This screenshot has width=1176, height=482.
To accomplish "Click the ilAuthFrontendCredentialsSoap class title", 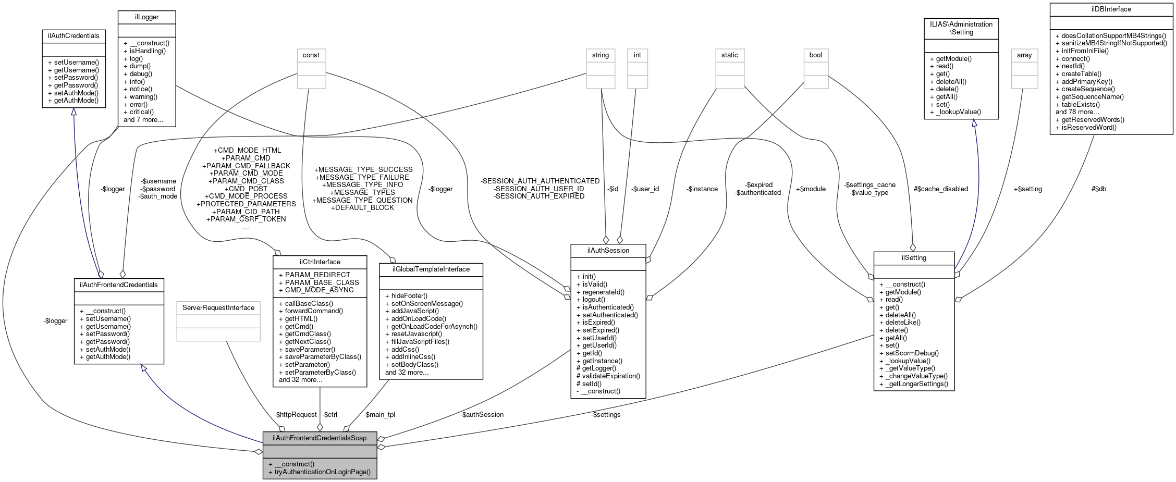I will [x=320, y=438].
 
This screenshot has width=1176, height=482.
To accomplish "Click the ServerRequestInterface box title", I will [x=218, y=308].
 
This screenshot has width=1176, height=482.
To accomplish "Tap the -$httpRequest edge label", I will [x=296, y=415].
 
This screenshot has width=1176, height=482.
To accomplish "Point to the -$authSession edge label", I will [x=482, y=415].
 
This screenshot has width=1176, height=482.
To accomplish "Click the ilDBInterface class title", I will [x=1111, y=9].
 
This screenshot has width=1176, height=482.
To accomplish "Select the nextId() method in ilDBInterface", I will [x=1073, y=66].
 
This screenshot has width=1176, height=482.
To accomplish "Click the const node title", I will [x=311, y=55].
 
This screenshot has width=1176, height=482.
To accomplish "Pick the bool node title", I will [x=815, y=55].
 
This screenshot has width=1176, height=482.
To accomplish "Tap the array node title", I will [x=1024, y=55].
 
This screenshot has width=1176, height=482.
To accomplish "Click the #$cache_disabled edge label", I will [x=940, y=189].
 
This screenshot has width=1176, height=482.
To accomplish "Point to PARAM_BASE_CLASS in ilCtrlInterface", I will [x=322, y=282].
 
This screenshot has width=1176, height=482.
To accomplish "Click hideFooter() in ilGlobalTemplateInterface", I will [x=409, y=295].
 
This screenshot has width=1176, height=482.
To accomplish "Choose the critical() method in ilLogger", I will [x=141, y=112].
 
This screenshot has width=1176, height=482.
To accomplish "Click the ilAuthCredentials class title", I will [x=73, y=36].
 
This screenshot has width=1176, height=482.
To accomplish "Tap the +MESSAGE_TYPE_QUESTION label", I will [x=362, y=200].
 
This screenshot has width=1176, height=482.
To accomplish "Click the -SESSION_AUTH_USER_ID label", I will [x=539, y=189].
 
